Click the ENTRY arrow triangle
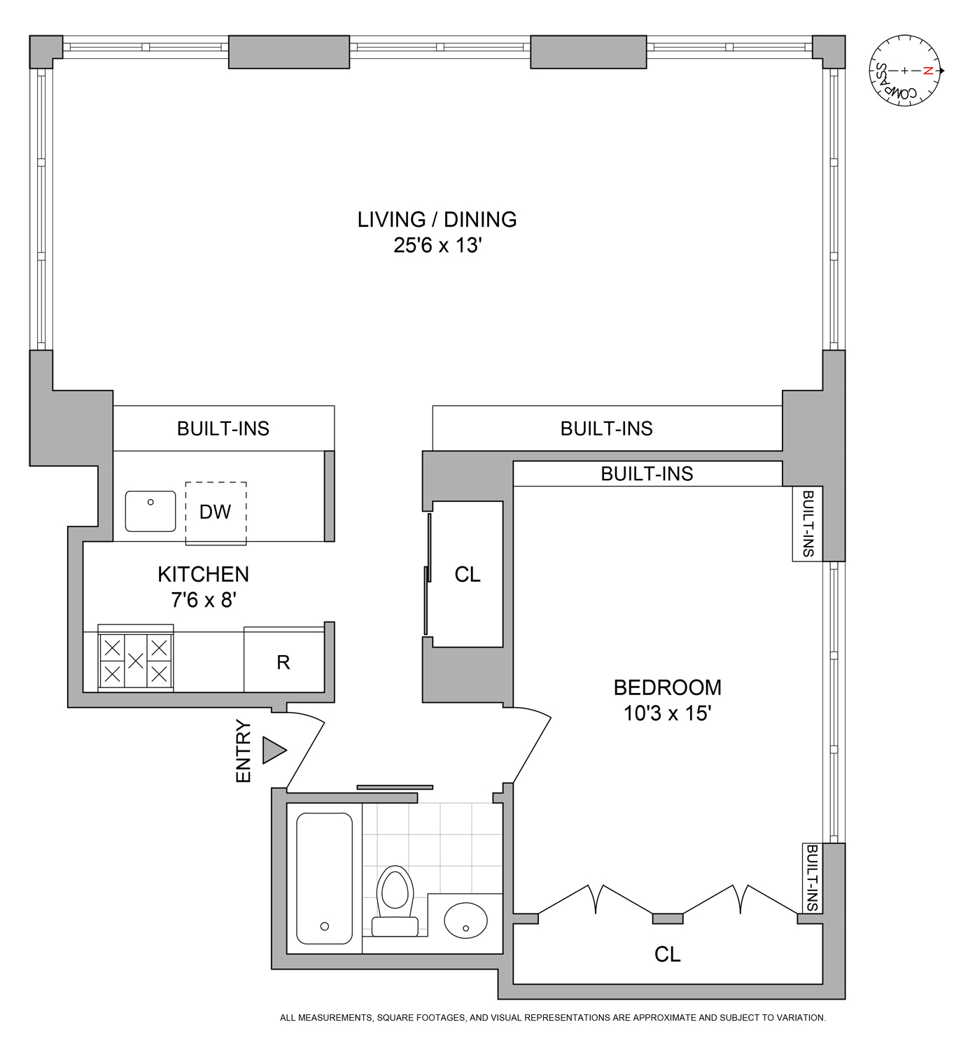(273, 750)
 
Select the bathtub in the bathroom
(324, 878)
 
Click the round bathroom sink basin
(465, 920)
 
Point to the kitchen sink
(150, 511)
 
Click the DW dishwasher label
(215, 512)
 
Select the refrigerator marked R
(283, 662)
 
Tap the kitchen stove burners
(136, 660)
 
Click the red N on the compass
(927, 71)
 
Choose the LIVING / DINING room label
(437, 220)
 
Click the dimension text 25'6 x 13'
(437, 246)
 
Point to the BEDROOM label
(667, 687)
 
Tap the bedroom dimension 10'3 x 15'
(667, 713)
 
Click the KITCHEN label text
(203, 574)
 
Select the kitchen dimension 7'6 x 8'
(204, 600)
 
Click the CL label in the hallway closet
(468, 575)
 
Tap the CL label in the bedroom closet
(667, 954)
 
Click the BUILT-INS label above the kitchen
(223, 428)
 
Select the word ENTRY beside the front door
(243, 750)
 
